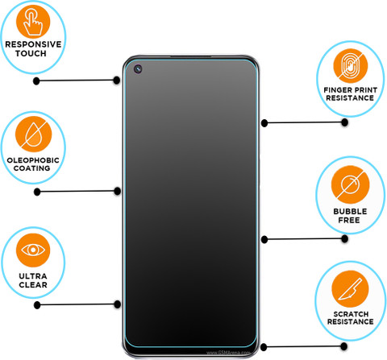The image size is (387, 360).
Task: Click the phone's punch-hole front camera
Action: click(138, 69)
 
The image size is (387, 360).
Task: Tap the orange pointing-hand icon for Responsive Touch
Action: click(33, 21)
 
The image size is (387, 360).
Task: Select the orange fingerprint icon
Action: click(351, 66)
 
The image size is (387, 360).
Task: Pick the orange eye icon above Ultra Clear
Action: click(33, 250)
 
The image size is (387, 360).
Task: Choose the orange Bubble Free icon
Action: click(350, 184)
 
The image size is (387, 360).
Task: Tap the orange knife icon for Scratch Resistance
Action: click(350, 289)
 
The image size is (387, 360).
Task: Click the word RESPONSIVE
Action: click(33, 44)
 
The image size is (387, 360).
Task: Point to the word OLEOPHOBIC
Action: click(33, 160)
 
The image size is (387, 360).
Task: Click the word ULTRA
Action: click(33, 276)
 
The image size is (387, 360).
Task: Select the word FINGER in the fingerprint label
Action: click(337, 90)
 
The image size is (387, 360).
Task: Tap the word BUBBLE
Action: click(350, 211)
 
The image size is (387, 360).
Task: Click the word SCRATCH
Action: click(351, 314)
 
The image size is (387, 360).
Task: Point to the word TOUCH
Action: click(31, 53)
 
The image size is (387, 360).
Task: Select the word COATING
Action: click(32, 168)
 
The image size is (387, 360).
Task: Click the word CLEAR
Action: click(33, 285)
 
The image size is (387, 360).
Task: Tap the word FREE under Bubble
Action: click(349, 220)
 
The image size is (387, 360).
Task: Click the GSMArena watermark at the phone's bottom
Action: click(228, 352)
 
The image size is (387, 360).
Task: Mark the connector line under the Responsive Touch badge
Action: click(77, 81)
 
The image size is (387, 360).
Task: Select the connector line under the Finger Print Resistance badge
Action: click(305, 122)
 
